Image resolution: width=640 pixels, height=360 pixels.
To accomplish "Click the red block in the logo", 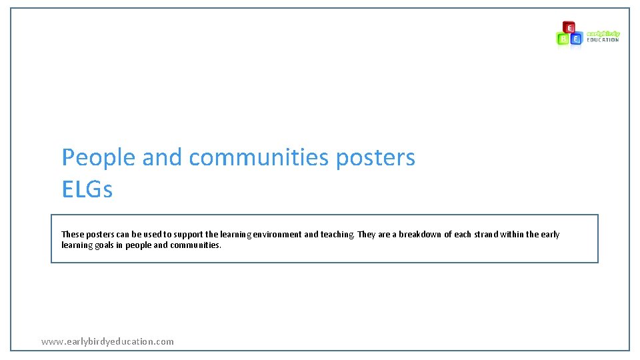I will [x=569, y=27].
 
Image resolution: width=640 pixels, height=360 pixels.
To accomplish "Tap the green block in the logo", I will [x=563, y=39].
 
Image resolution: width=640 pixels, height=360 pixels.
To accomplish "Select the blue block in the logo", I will [x=576, y=39].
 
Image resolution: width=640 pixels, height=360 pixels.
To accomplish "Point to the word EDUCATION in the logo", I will [x=603, y=40].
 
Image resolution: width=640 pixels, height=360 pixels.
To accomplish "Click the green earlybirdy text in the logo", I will [x=603, y=33].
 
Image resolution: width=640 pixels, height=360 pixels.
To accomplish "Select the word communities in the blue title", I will [x=259, y=158].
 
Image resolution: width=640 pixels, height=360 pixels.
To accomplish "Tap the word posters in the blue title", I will [x=375, y=158].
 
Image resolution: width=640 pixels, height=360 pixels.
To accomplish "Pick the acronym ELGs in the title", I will [x=87, y=190].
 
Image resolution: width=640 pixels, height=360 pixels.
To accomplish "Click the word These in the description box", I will [x=72, y=235].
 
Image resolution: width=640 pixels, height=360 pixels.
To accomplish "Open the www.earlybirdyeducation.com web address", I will [x=107, y=341].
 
